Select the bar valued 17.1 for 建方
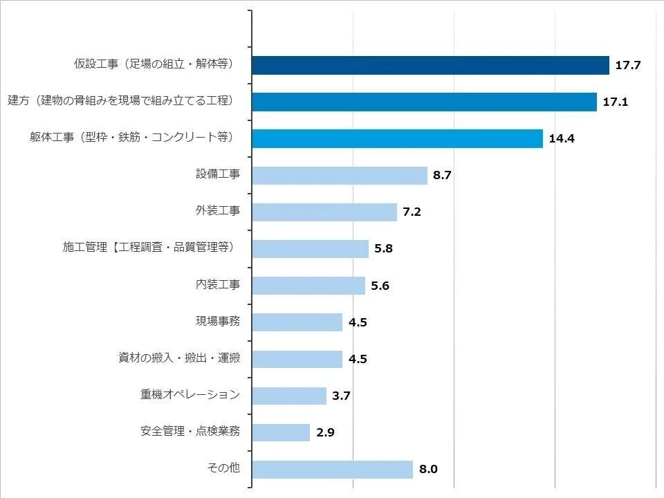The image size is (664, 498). [x=424, y=102]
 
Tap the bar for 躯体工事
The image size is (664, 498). [x=397, y=138]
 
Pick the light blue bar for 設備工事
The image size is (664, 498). [x=340, y=175]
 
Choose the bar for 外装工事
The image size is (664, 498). [x=324, y=212]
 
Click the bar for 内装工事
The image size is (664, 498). [x=308, y=285]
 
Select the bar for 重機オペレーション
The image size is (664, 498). [x=289, y=396]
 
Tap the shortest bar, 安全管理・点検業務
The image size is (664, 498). [x=281, y=432]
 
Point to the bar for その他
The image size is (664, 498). [x=332, y=469]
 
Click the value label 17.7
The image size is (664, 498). [x=629, y=66]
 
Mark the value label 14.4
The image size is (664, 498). [x=562, y=139]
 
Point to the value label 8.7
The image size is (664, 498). [x=442, y=176]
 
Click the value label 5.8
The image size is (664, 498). [x=383, y=249]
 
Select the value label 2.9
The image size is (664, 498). [x=325, y=433]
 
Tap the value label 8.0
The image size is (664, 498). [x=428, y=470]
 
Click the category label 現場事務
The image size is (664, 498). [x=218, y=322]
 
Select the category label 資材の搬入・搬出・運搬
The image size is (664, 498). [x=179, y=358]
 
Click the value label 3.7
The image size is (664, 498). [x=342, y=396]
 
